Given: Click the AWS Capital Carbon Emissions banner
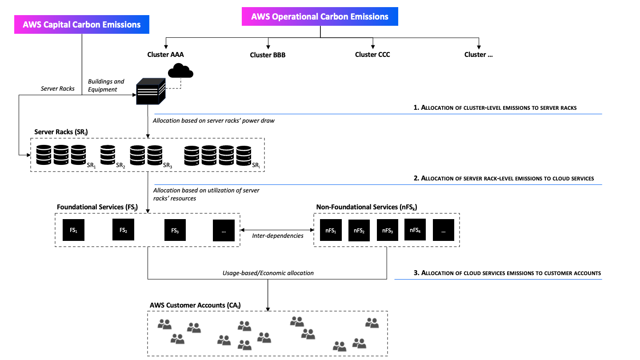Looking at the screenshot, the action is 82,24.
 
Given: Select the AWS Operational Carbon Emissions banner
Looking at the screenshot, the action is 320,16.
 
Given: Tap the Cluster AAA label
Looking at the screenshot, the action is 165,55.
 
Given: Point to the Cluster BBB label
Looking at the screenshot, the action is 268,55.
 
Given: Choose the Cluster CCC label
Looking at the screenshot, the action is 372,55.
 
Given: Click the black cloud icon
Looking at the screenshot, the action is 180,71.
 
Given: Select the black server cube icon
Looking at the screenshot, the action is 151,92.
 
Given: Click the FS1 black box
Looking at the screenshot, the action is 73,230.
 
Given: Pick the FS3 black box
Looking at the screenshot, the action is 175,230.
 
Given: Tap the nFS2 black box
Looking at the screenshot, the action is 359,230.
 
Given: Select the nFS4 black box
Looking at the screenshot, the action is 415,230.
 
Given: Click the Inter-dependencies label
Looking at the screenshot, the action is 277,236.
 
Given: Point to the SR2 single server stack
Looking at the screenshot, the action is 108,155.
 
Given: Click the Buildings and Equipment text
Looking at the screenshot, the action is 106,85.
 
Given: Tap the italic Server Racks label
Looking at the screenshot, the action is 57,88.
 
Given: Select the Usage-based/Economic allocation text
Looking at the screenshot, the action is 268,273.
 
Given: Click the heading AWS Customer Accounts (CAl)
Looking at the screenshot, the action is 195,305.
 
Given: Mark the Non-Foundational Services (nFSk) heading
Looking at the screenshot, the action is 367,207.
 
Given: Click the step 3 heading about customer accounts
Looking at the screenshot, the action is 507,273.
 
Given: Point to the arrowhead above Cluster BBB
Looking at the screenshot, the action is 268,47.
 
